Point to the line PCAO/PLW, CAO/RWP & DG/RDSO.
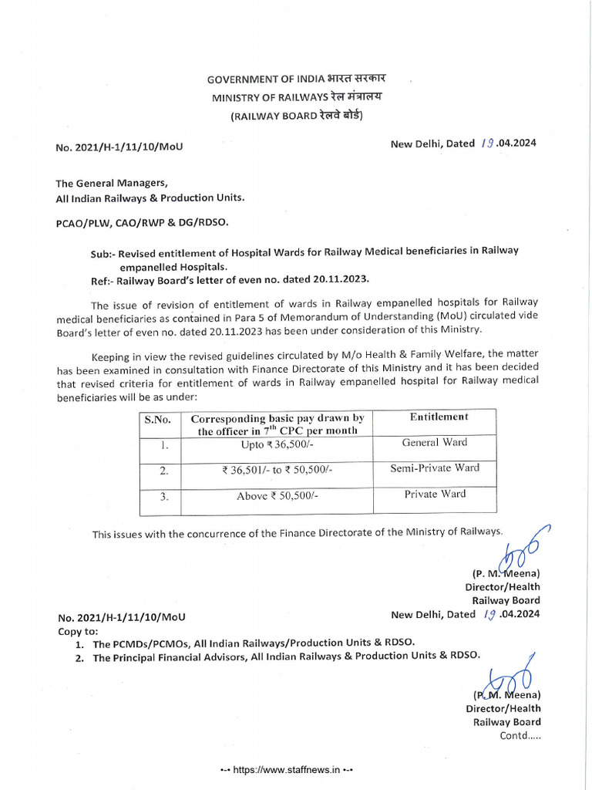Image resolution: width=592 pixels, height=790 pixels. (x=142, y=222)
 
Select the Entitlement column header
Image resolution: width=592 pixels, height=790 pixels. (x=439, y=417)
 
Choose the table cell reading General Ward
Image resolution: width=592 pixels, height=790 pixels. (x=434, y=443)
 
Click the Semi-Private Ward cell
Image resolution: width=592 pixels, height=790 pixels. (x=434, y=468)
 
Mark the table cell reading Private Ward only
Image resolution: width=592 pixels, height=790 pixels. (x=435, y=495)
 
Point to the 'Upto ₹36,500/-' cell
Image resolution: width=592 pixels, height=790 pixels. (x=277, y=445)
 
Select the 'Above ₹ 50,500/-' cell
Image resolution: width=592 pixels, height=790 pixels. (x=277, y=496)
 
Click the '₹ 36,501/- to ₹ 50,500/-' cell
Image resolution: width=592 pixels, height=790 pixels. (x=277, y=470)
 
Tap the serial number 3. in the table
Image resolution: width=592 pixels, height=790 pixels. (x=163, y=498)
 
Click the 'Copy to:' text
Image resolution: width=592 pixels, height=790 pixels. (x=75, y=630)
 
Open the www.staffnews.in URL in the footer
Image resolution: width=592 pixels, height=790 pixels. (x=287, y=770)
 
